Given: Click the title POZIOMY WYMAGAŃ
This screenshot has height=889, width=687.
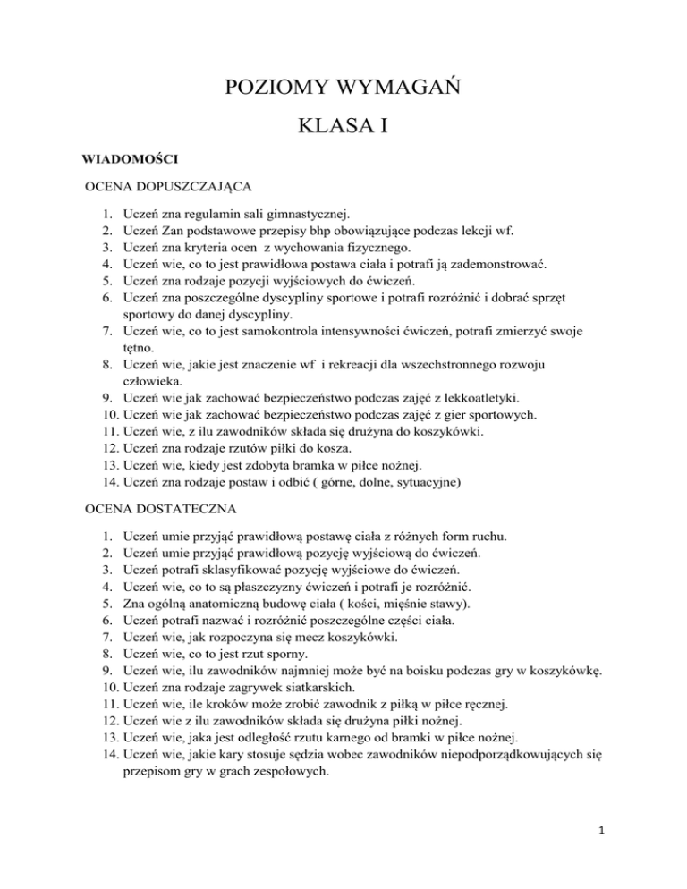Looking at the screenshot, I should (x=343, y=91).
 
